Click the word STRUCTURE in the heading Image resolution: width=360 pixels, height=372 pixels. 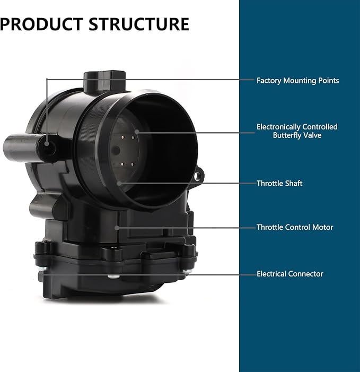tap(139, 24)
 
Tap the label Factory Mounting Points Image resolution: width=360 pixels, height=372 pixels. tap(297, 81)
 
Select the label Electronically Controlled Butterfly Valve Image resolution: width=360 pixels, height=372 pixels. tap(297, 131)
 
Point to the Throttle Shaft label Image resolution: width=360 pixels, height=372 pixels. tap(279, 184)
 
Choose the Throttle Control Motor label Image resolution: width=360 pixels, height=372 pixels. tap(295, 227)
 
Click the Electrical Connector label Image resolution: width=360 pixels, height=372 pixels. tap(290, 274)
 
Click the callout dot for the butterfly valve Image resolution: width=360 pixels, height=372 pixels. tap(137, 132)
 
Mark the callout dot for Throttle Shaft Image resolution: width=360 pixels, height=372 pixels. tap(119, 183)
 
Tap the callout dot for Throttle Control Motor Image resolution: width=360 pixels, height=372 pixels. tap(117, 228)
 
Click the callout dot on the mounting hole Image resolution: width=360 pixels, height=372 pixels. tap(47, 143)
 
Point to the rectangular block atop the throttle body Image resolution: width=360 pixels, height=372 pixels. tap(104, 82)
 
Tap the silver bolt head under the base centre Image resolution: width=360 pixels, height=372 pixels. tap(113, 276)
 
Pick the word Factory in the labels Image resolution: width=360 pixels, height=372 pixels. tap(269, 81)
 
